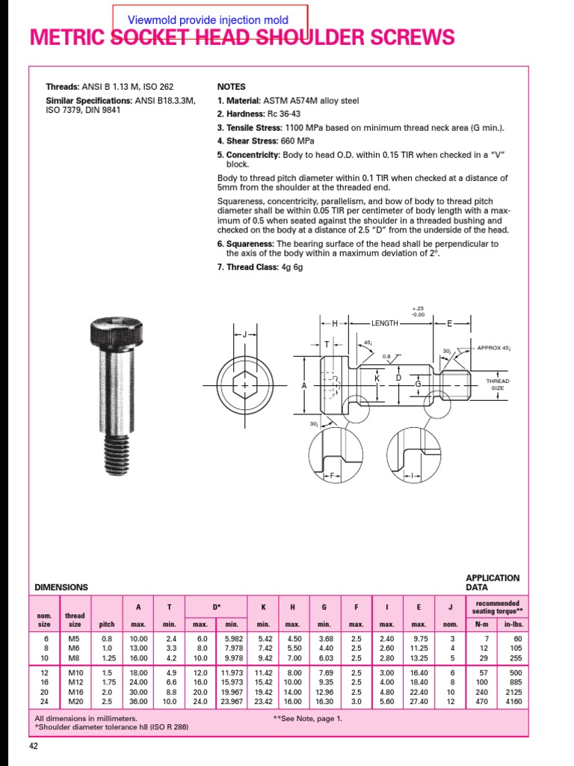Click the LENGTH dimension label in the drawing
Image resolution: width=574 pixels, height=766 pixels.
pos(385,323)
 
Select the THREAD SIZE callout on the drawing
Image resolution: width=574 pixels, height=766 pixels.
pos(497,384)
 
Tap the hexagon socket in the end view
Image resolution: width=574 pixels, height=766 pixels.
pos(244,385)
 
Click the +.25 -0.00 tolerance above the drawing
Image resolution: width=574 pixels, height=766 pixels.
pos(418,311)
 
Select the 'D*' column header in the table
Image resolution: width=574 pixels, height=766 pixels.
pos(215,606)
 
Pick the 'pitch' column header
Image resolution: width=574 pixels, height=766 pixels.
pos(107,624)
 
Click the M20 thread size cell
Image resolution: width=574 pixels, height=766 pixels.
pos(75,701)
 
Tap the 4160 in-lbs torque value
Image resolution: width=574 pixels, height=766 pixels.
pos(513,701)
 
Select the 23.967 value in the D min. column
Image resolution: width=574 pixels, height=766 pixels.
pos(232,701)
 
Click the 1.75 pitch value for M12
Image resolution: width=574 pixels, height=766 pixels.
pos(107,681)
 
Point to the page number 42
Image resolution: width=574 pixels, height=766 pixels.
pos(34,746)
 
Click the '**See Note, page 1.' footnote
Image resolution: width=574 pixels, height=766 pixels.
pos(308,718)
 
